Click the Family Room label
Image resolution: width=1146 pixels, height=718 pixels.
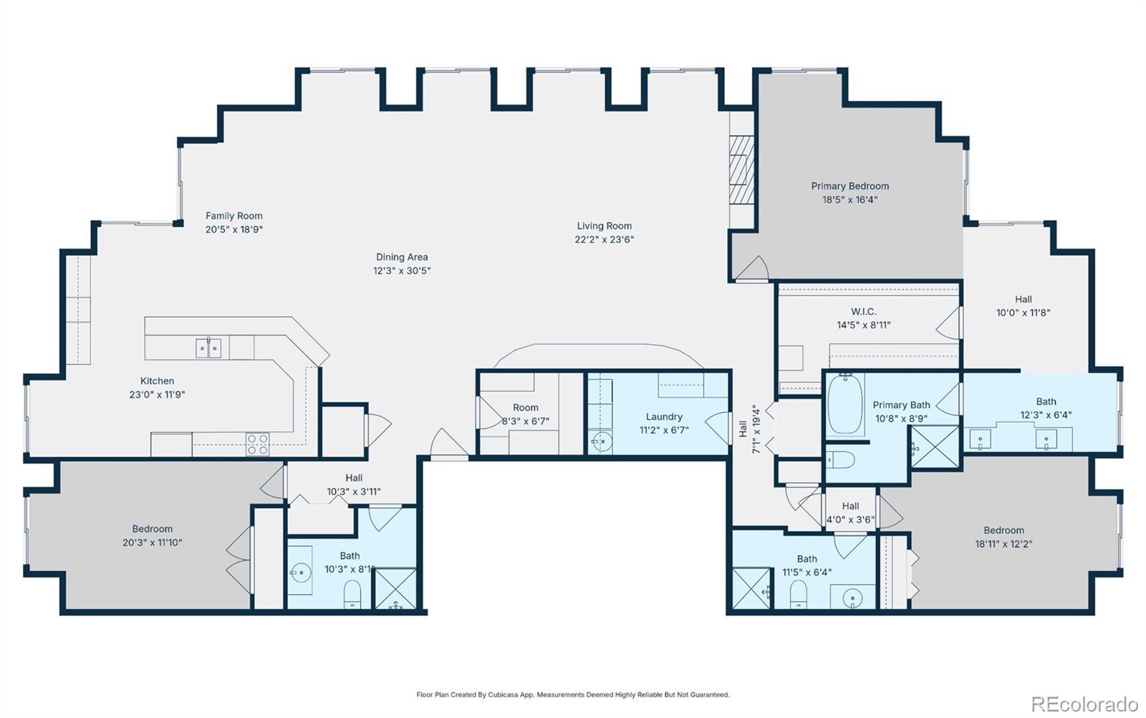[x=233, y=216]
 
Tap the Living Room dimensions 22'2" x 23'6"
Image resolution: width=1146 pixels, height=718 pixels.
[x=604, y=239]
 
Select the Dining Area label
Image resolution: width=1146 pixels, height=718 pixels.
[x=402, y=257]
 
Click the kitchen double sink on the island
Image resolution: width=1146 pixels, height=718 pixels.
[x=208, y=348]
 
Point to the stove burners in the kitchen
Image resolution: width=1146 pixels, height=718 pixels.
[x=258, y=444]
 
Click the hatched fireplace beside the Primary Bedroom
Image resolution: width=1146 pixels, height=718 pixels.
[x=741, y=171]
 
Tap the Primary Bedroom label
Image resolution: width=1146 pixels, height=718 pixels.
[x=849, y=186]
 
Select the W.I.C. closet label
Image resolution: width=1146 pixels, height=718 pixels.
[x=863, y=312]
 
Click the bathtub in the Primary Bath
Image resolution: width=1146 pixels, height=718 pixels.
[x=846, y=404]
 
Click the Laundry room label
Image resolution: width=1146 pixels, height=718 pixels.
[x=664, y=417]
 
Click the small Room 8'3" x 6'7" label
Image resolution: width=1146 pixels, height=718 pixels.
[x=525, y=408]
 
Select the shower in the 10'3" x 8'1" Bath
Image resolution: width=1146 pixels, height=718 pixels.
[x=395, y=589]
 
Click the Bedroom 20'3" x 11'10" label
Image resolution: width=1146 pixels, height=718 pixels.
[x=152, y=530]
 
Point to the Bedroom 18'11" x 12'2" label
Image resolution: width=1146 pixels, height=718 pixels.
[x=1003, y=531]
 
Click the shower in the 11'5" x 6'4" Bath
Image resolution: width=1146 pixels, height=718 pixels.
[x=751, y=589]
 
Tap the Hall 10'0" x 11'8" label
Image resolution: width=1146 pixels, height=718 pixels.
[x=1023, y=300]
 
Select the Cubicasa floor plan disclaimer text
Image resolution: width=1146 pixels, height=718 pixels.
[x=573, y=694]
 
